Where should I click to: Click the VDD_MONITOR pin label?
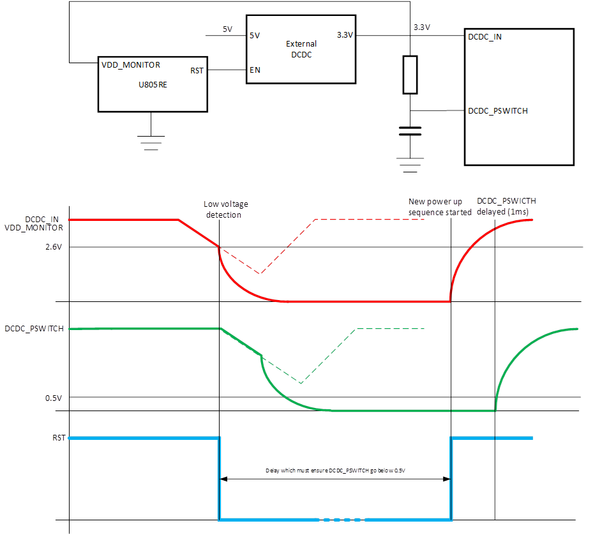click(131, 65)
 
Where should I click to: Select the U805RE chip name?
click(153, 85)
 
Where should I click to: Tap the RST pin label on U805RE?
click(197, 71)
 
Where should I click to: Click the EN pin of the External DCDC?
click(255, 71)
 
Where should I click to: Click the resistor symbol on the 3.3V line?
click(410, 75)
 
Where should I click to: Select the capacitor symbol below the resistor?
click(410, 131)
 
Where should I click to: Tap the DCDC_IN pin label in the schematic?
click(484, 36)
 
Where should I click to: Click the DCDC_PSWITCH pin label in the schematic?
click(498, 111)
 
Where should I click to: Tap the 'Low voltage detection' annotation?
click(226, 209)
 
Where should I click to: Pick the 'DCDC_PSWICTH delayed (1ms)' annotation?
click(506, 206)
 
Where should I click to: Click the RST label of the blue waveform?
click(59, 438)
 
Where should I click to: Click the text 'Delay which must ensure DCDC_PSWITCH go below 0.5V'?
click(336, 471)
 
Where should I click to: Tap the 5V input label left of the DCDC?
click(227, 29)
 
